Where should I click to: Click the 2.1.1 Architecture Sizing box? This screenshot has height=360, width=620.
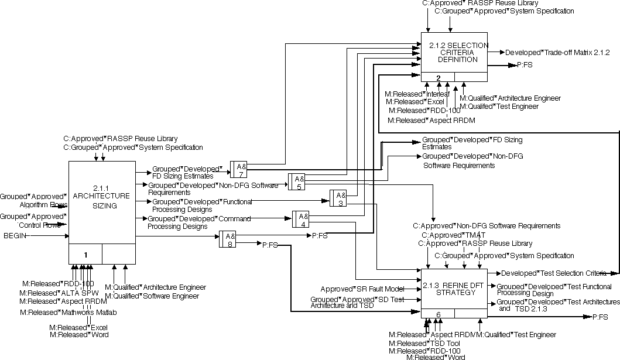coord(102,205)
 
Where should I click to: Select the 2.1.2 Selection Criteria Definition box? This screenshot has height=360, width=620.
coord(454,53)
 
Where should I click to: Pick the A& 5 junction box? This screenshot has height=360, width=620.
coord(297,182)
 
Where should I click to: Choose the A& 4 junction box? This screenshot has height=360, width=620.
coord(301,219)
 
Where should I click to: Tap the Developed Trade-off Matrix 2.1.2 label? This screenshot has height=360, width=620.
coord(557,52)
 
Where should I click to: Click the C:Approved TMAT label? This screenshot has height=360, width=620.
coord(450,235)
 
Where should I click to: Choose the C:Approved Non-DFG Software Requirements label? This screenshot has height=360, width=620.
coord(487,226)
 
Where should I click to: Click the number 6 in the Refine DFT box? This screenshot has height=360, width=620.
coord(438,314)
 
